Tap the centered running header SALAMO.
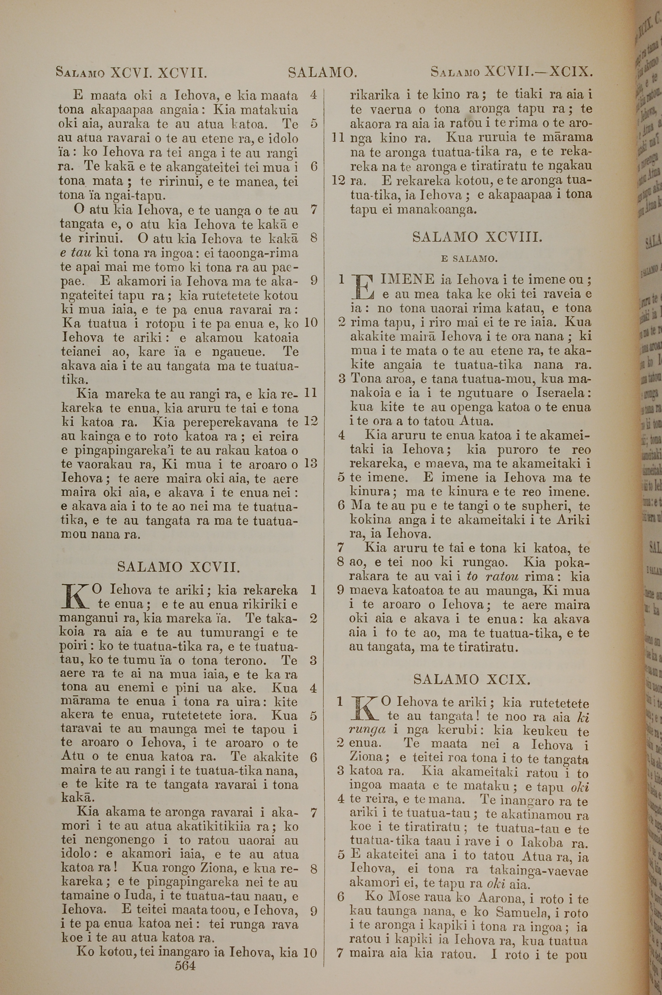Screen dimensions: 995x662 322,73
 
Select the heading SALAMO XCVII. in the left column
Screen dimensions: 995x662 179,566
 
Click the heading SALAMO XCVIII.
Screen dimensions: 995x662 477,238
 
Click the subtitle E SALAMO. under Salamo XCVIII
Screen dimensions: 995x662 469,259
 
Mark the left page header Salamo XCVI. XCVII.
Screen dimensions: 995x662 131,73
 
